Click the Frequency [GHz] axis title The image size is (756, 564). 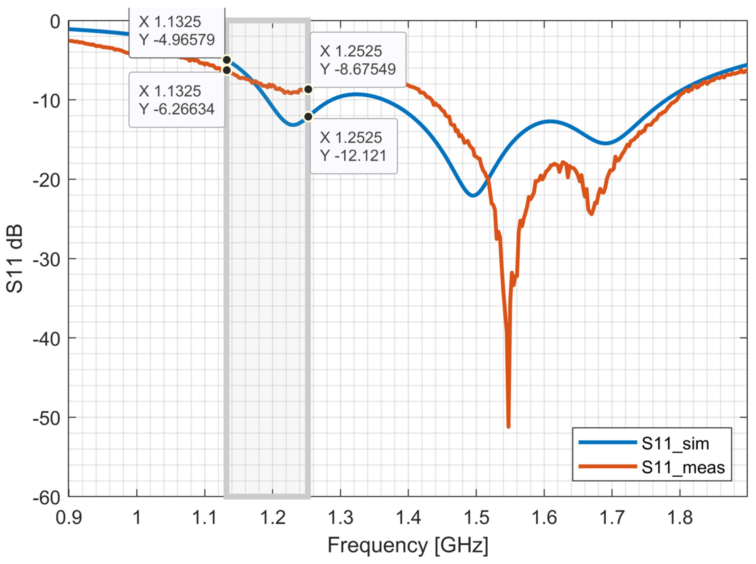tap(408, 545)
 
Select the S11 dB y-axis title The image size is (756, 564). tap(15, 259)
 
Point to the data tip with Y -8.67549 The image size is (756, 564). tap(358, 60)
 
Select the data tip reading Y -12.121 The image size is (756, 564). tap(353, 146)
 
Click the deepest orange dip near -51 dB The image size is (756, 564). tap(509, 426)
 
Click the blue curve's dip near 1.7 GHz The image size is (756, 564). tap(606, 143)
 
